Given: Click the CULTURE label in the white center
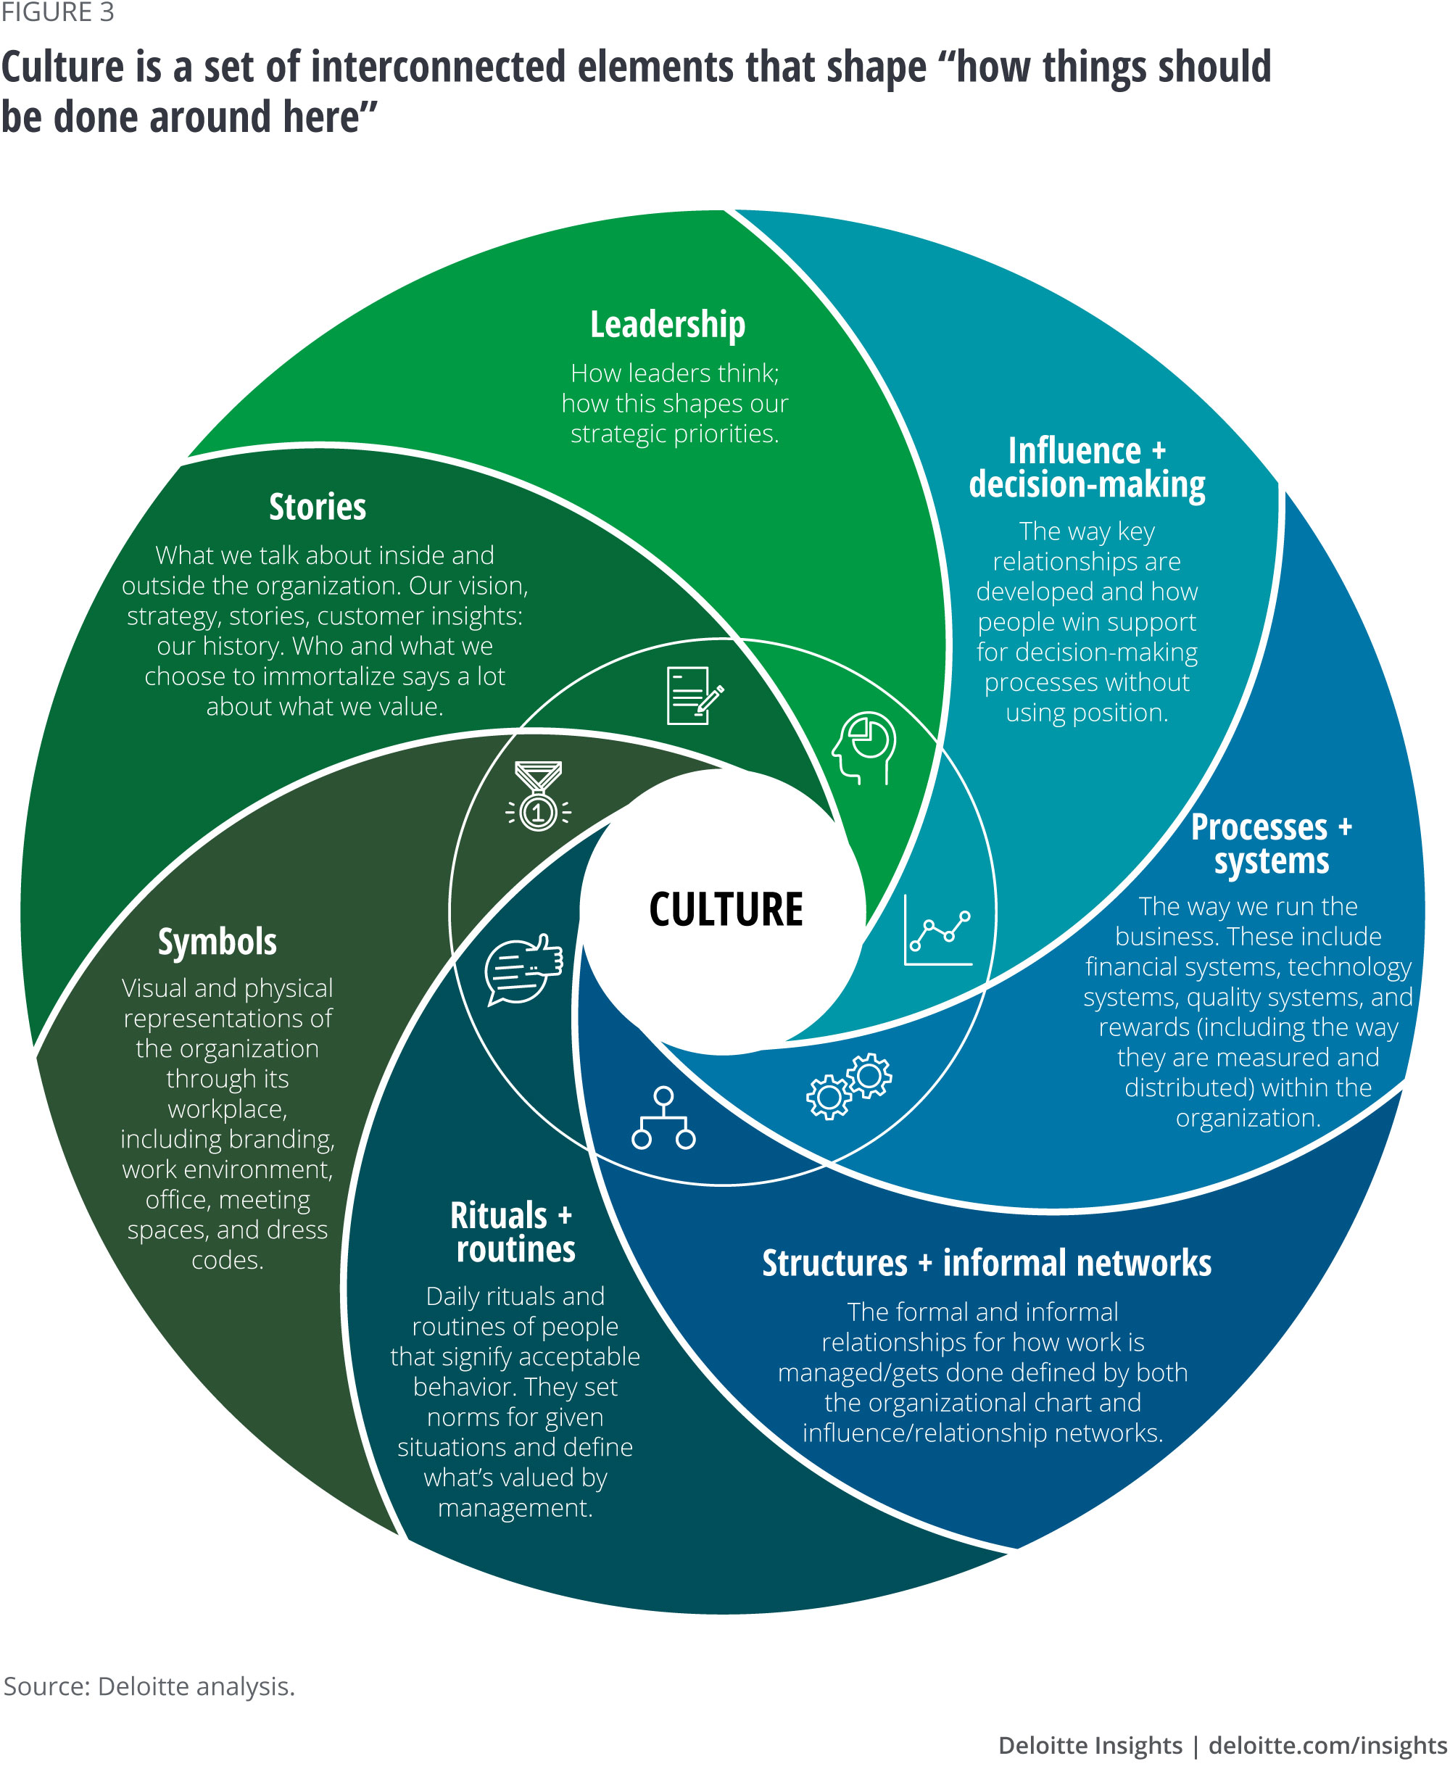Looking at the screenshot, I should pos(725,910).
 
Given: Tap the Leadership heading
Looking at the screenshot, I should pos(668,324).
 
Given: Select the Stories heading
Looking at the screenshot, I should pos(318,507).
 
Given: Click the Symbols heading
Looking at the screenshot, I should pos(217,941).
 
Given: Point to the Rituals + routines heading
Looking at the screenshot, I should pos(513,1232).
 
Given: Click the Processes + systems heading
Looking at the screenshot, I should pos(1270,844).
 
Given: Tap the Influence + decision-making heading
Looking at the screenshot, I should pos(1087,468).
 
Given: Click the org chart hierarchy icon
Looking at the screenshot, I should pos(663,1119).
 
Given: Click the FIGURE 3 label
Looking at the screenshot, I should pos(57,12).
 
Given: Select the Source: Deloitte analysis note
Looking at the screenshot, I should pos(149,1686).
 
